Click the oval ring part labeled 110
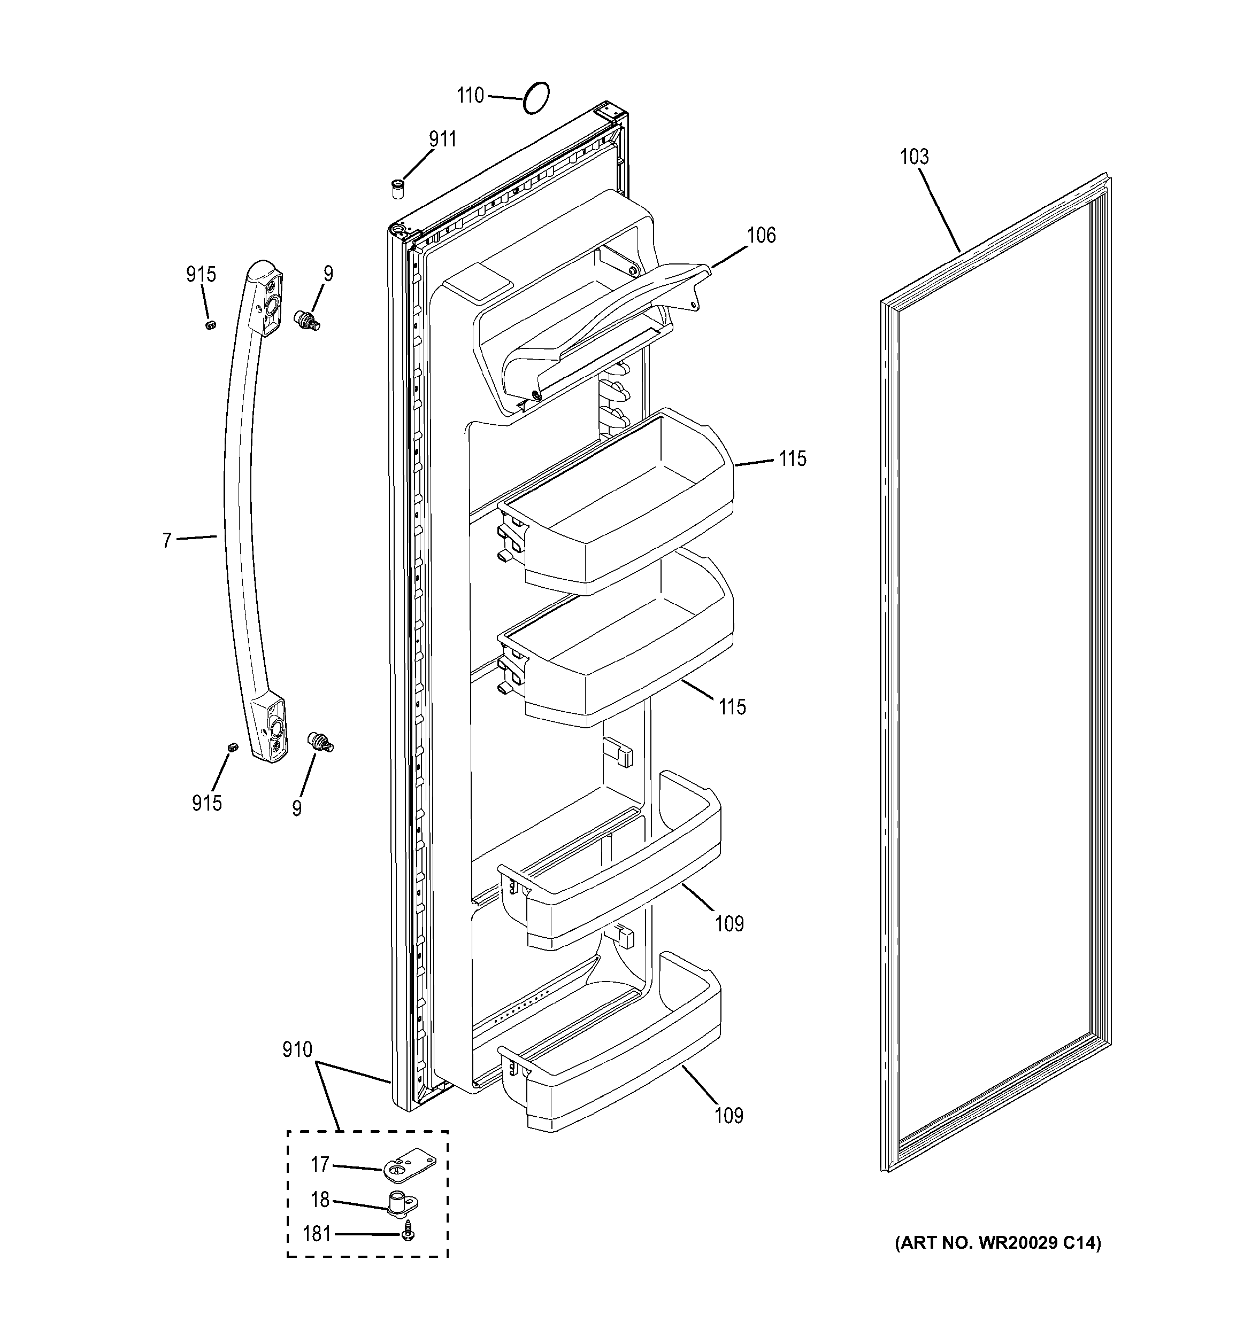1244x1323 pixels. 536,98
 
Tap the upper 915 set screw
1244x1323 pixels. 210,325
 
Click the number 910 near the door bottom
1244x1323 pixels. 297,1049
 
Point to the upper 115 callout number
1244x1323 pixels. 793,458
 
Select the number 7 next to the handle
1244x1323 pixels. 166,540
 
